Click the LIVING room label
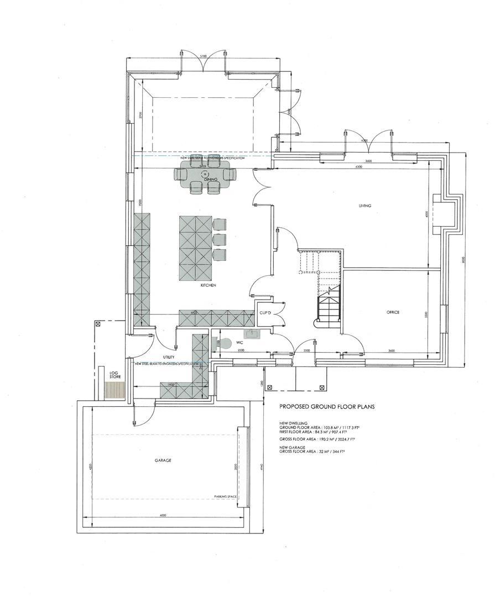(x=364, y=206)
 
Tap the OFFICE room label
(x=393, y=312)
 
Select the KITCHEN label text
(x=208, y=285)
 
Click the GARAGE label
(x=163, y=460)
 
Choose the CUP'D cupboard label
(x=264, y=313)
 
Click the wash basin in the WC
(x=255, y=334)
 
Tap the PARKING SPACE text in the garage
(x=225, y=497)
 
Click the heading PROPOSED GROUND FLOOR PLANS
(x=327, y=406)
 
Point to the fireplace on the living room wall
(x=445, y=213)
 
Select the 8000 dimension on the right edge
(x=463, y=260)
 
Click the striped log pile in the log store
(x=116, y=391)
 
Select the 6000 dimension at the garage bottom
(x=163, y=516)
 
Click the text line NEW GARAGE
(x=291, y=447)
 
